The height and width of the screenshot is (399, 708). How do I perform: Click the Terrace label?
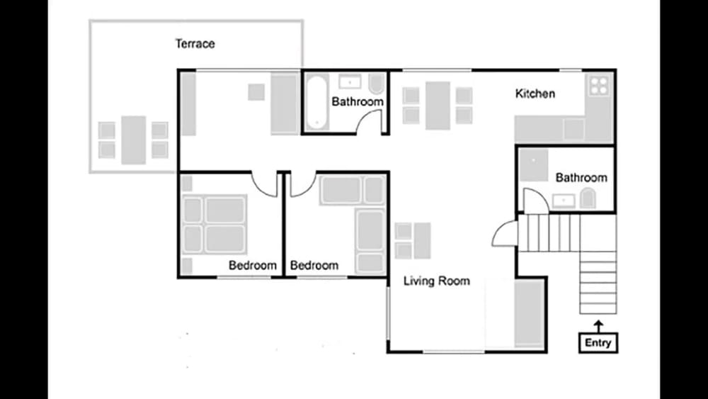195,44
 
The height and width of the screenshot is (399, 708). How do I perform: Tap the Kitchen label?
535,94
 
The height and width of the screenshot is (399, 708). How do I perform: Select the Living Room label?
436,281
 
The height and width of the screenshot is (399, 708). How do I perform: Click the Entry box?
598,343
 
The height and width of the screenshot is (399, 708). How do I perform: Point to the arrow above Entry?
598,326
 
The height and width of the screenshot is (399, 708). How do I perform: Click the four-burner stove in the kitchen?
599,85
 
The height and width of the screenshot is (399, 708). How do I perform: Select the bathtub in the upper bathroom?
316,102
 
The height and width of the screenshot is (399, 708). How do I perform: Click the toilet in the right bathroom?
587,199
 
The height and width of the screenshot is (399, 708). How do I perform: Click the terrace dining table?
133,140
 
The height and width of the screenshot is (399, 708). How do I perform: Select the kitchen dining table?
438,105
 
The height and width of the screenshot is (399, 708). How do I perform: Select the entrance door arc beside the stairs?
504,234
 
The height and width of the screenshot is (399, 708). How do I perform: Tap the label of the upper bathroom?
358,102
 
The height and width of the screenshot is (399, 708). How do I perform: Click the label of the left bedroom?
252,266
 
